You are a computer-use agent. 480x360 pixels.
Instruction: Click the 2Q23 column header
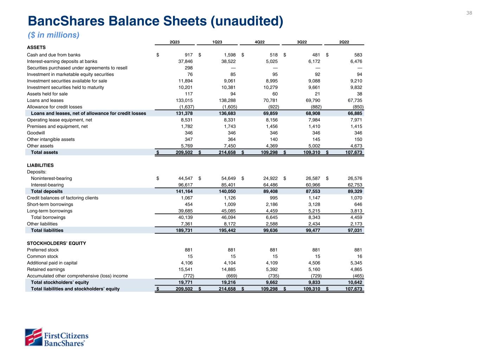[x=175, y=42]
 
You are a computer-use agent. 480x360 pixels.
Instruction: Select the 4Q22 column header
[x=260, y=42]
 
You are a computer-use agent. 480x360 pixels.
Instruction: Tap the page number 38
[x=469, y=13]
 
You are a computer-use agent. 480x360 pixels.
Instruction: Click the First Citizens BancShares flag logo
[x=33, y=337]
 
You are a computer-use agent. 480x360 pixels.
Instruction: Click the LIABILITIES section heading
[x=40, y=165]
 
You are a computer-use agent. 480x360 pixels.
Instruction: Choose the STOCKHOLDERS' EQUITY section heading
[x=57, y=243]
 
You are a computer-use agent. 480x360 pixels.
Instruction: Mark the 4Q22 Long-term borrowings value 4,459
[x=271, y=211]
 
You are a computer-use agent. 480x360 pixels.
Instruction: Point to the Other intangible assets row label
[x=51, y=140]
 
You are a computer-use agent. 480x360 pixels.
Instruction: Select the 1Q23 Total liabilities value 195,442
[x=225, y=231]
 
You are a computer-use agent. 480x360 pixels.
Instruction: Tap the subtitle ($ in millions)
[x=53, y=35]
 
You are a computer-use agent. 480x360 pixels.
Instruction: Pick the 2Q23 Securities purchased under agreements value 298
[x=188, y=68]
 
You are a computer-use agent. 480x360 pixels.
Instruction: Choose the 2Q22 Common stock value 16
[x=359, y=256]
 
